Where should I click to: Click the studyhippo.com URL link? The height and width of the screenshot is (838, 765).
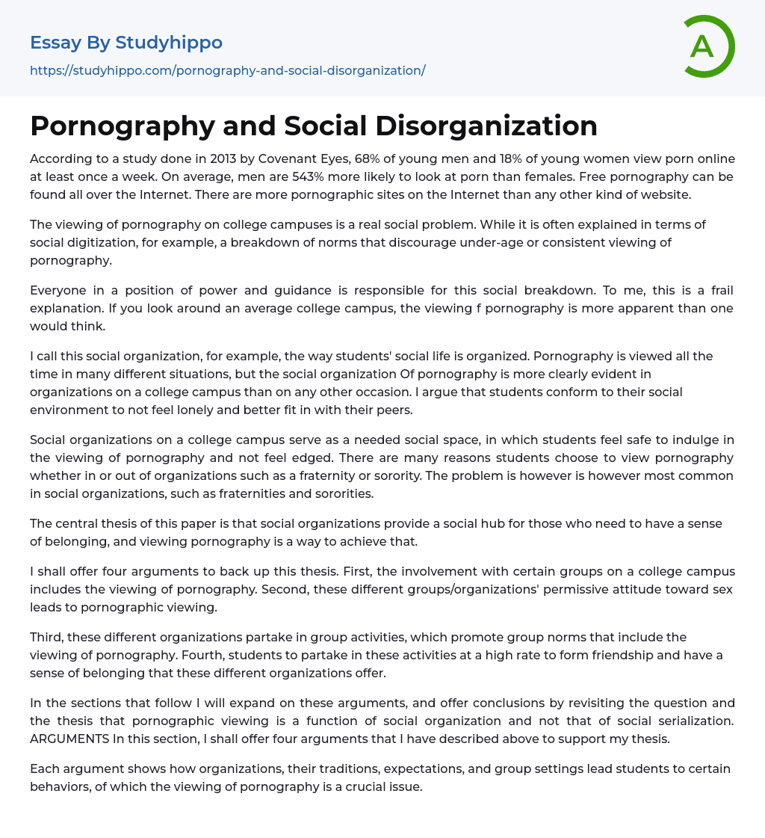[x=227, y=70]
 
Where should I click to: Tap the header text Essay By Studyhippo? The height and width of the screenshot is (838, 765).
[x=126, y=43]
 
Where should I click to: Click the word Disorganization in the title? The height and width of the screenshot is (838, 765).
[x=486, y=126]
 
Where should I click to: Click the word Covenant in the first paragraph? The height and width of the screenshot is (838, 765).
[x=288, y=158]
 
